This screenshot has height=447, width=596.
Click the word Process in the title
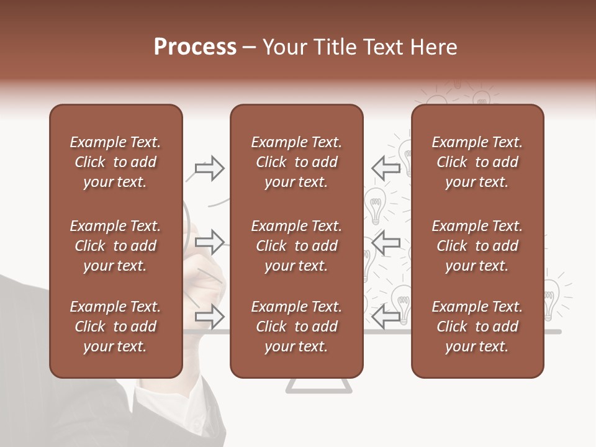(x=195, y=47)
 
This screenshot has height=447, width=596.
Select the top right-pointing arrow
(x=209, y=168)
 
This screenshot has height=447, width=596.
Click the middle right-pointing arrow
(x=209, y=243)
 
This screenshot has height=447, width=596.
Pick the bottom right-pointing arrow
(x=209, y=317)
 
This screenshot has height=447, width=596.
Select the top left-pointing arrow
(x=386, y=168)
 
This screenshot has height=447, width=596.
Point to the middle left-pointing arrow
(x=386, y=243)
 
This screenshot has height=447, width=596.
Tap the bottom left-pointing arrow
(x=386, y=317)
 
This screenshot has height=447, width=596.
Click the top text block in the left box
(x=115, y=162)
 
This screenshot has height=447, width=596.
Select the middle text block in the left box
(x=115, y=246)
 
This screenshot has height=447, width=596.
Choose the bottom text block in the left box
(x=115, y=327)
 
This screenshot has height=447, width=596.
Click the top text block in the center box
(x=296, y=162)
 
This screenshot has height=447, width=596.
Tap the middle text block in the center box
(x=296, y=246)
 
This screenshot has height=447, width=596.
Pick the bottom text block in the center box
(x=296, y=327)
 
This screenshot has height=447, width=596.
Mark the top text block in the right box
(x=477, y=162)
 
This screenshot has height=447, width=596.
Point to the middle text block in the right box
(x=477, y=246)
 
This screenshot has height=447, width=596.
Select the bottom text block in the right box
(x=477, y=327)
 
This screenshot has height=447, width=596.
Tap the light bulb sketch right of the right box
(x=551, y=298)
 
